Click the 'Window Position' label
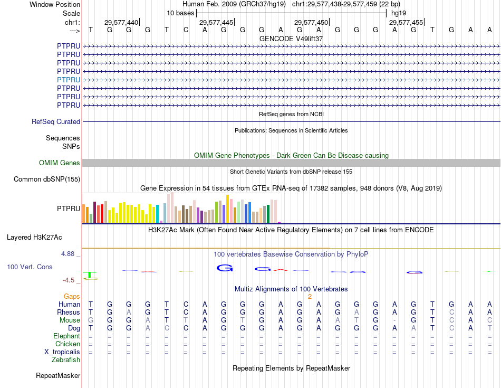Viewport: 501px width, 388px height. [x=55, y=4]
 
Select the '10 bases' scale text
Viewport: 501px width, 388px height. [x=180, y=13]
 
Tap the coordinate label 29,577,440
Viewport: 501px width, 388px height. [x=121, y=22]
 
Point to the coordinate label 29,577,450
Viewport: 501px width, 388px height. [x=311, y=22]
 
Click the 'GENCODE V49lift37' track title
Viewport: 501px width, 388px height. [x=291, y=39]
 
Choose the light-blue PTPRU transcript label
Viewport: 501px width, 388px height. [x=69, y=80]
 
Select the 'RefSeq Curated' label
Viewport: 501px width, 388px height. [x=56, y=121]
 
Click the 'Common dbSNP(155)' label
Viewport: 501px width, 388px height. [x=46, y=179]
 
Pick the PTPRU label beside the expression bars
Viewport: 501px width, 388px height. [x=69, y=209]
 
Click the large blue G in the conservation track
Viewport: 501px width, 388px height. [x=225, y=268]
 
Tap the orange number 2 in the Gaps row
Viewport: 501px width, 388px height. [x=310, y=296]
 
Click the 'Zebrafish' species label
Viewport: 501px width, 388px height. [x=66, y=360]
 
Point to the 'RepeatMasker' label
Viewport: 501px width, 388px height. [x=58, y=376]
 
